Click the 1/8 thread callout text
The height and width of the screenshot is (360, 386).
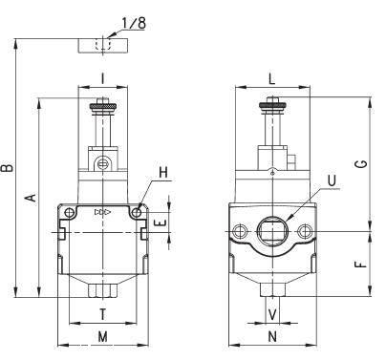tap(134, 23)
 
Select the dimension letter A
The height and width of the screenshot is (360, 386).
tap(31, 198)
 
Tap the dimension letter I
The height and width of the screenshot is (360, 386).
tap(102, 78)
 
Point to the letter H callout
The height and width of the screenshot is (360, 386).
tap(163, 173)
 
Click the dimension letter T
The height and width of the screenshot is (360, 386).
tap(102, 314)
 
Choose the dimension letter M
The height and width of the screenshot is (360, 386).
tap(102, 336)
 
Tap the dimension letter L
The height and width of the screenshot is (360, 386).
tap(271, 79)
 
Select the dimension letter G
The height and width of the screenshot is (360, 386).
tap(362, 163)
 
